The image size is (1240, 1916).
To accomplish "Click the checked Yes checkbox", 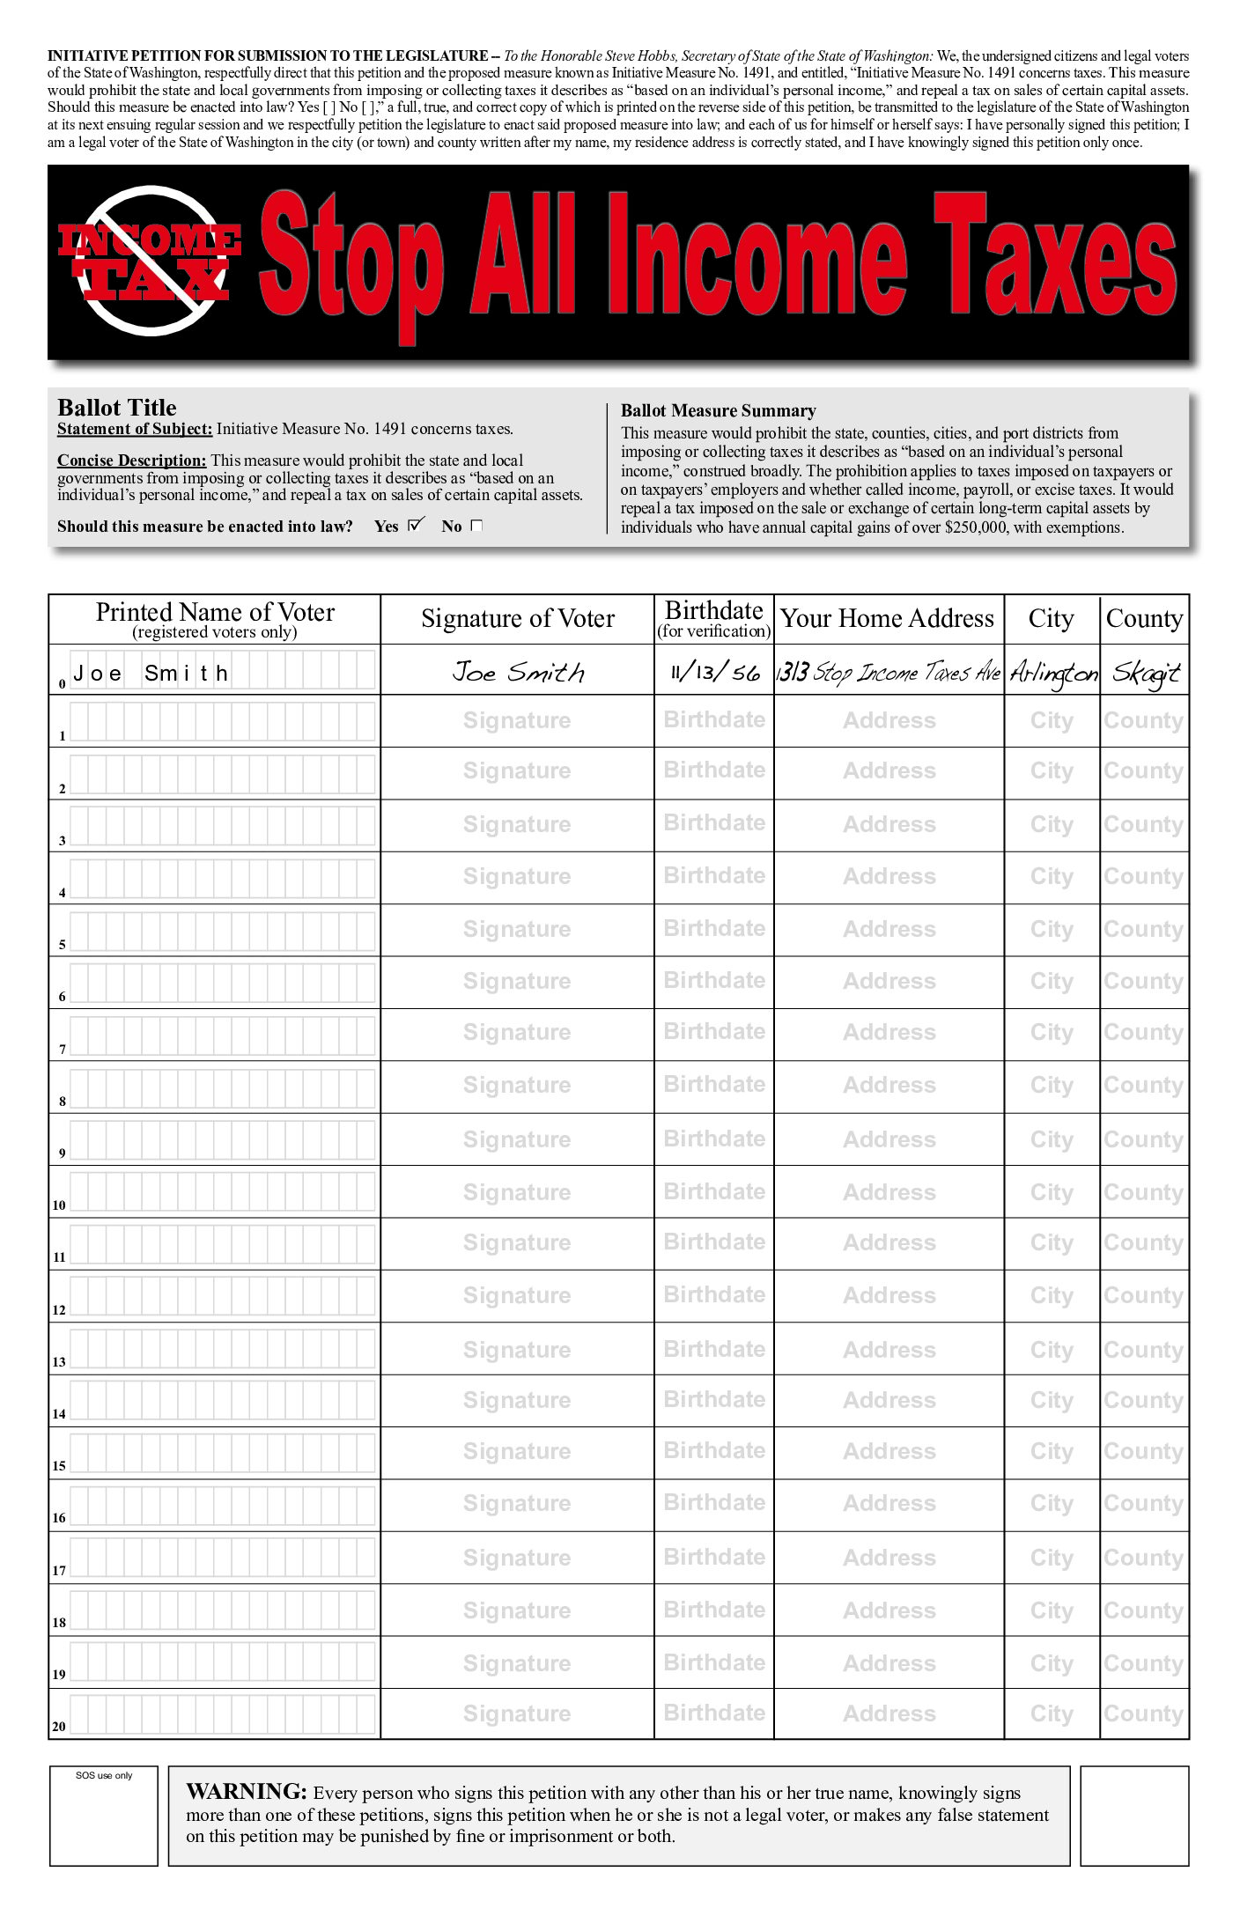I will (417, 525).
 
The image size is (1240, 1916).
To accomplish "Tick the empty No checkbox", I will (476, 526).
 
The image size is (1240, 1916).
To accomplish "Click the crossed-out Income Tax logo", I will (150, 261).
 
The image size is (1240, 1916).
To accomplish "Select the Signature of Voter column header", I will (517, 619).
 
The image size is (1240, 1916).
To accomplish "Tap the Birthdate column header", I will (713, 618).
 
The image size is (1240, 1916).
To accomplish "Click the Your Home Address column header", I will (887, 619).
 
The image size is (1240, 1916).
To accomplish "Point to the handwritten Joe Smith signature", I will (518, 673).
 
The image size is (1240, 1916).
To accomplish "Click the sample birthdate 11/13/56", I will (714, 673).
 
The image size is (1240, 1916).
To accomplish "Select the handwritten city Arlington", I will (1053, 674).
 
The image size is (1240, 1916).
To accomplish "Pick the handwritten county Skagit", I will (1144, 674).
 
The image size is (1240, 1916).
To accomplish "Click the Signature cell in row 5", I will (517, 929).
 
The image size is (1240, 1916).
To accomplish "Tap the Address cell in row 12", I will (889, 1295).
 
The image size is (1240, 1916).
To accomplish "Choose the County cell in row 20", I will (1143, 1713).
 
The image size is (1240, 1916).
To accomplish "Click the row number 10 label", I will (59, 1205).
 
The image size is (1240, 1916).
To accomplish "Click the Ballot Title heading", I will (117, 408).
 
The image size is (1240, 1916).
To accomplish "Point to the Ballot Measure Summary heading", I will (718, 410).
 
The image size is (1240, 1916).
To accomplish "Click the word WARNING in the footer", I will (246, 1792).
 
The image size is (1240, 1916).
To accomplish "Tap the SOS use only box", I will (104, 1815).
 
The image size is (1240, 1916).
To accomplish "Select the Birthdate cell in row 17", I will (713, 1557).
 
